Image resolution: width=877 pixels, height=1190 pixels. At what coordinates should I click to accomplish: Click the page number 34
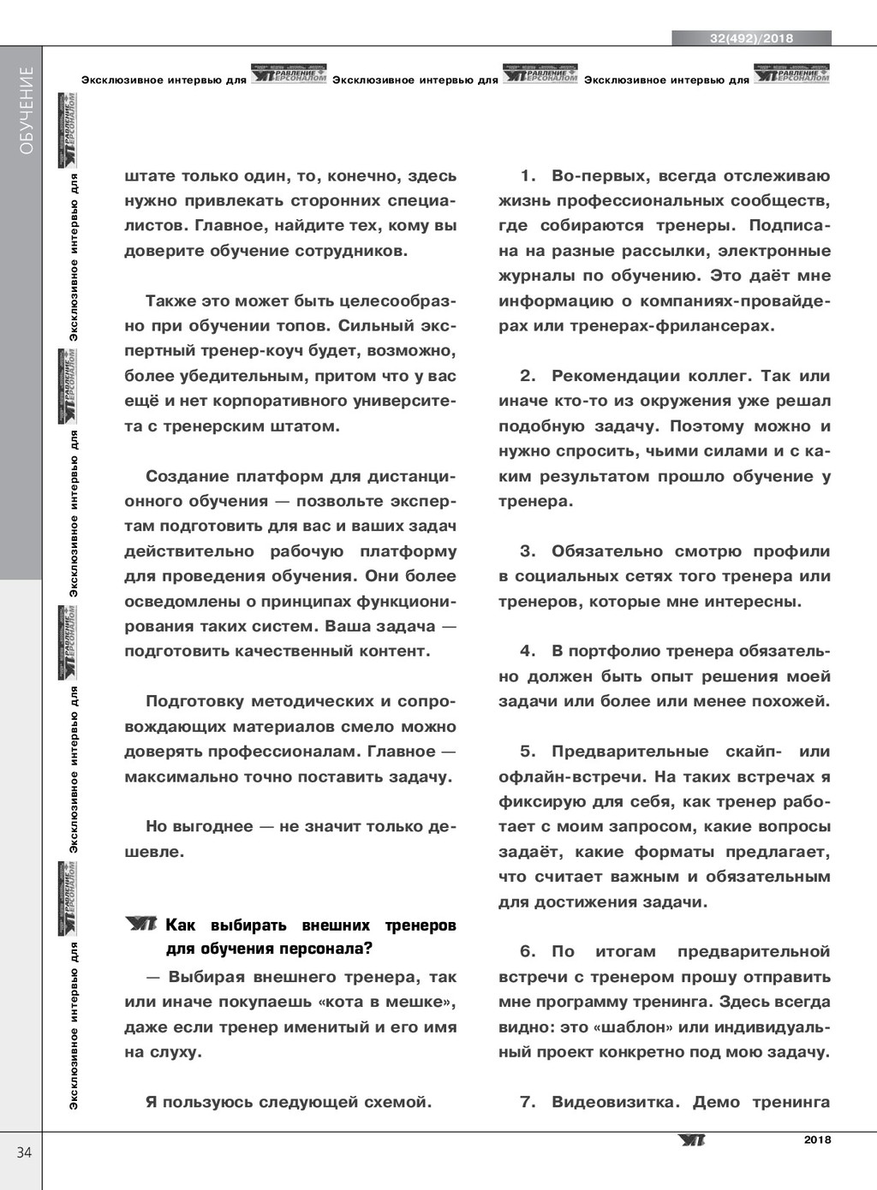point(24,1152)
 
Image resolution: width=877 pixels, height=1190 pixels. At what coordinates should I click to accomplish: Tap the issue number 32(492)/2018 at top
point(751,39)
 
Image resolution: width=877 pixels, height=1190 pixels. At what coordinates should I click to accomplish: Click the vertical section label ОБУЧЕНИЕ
point(27,110)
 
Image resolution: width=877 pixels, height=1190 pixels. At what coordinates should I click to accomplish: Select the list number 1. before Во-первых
point(528,176)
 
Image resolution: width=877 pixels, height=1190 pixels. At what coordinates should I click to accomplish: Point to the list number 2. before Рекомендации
point(528,376)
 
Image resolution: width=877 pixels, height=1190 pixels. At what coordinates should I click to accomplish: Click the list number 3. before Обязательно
point(528,551)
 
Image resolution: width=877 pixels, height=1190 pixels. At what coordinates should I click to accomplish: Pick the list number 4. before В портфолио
point(528,652)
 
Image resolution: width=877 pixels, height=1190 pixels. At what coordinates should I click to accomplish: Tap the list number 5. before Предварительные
point(528,752)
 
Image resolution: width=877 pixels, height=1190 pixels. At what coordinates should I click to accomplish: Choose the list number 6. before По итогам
point(528,952)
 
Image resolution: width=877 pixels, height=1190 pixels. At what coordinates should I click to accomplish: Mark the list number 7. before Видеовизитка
point(528,1102)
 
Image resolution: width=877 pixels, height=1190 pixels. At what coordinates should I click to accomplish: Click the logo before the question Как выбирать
point(140,924)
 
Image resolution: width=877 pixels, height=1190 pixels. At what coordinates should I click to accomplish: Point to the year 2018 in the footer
point(817,1139)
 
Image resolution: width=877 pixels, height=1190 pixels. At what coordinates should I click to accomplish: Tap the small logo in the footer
point(691,1140)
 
